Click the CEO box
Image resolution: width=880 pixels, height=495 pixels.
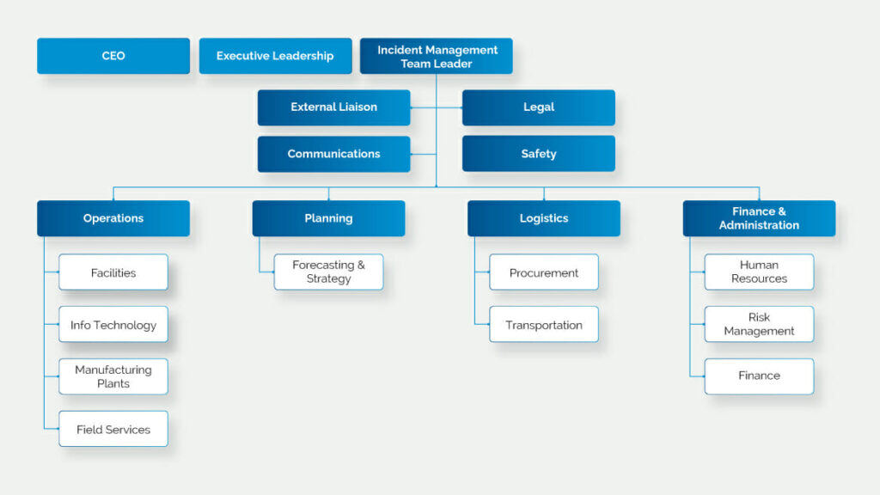[x=113, y=56]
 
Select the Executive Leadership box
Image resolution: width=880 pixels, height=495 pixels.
[x=275, y=56]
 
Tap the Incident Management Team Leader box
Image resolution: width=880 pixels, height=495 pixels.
[x=437, y=56]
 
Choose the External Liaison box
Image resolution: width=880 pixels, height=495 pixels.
[x=333, y=107]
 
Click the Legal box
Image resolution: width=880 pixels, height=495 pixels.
[x=539, y=107]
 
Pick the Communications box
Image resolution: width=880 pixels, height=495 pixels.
[x=333, y=154]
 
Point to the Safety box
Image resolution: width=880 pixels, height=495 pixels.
[x=539, y=154]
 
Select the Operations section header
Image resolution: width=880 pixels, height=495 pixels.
[x=113, y=218]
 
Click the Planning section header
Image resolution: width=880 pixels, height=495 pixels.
[x=328, y=218]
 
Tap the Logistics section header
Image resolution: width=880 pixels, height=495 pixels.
[x=544, y=218]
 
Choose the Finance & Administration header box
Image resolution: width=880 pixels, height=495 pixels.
[x=759, y=218]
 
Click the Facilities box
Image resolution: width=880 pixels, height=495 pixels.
[x=113, y=272]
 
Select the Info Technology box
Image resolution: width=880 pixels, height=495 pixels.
[x=113, y=325]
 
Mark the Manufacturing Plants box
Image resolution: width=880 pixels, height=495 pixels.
[x=113, y=376]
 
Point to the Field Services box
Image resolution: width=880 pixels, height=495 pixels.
[x=113, y=429]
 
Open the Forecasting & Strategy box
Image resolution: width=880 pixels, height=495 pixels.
[x=328, y=272]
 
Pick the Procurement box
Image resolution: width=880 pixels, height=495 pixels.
[x=544, y=272]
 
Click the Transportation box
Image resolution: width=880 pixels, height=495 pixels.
[x=544, y=325]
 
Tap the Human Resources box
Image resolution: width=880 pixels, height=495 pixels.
[x=759, y=272]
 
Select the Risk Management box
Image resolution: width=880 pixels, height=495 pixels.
[x=759, y=325]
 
